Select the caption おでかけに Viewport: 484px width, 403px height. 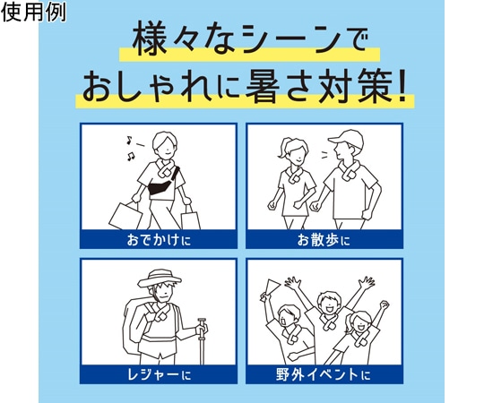coord(159,240)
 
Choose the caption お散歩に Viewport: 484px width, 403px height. coord(324,240)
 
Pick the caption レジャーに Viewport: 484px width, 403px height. coord(159,374)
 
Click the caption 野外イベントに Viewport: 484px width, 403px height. coord(324,374)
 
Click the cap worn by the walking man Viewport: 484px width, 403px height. coord(345,139)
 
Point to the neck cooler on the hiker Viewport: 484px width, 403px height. coord(157,316)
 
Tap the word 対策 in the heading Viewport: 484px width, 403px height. coord(358,88)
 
